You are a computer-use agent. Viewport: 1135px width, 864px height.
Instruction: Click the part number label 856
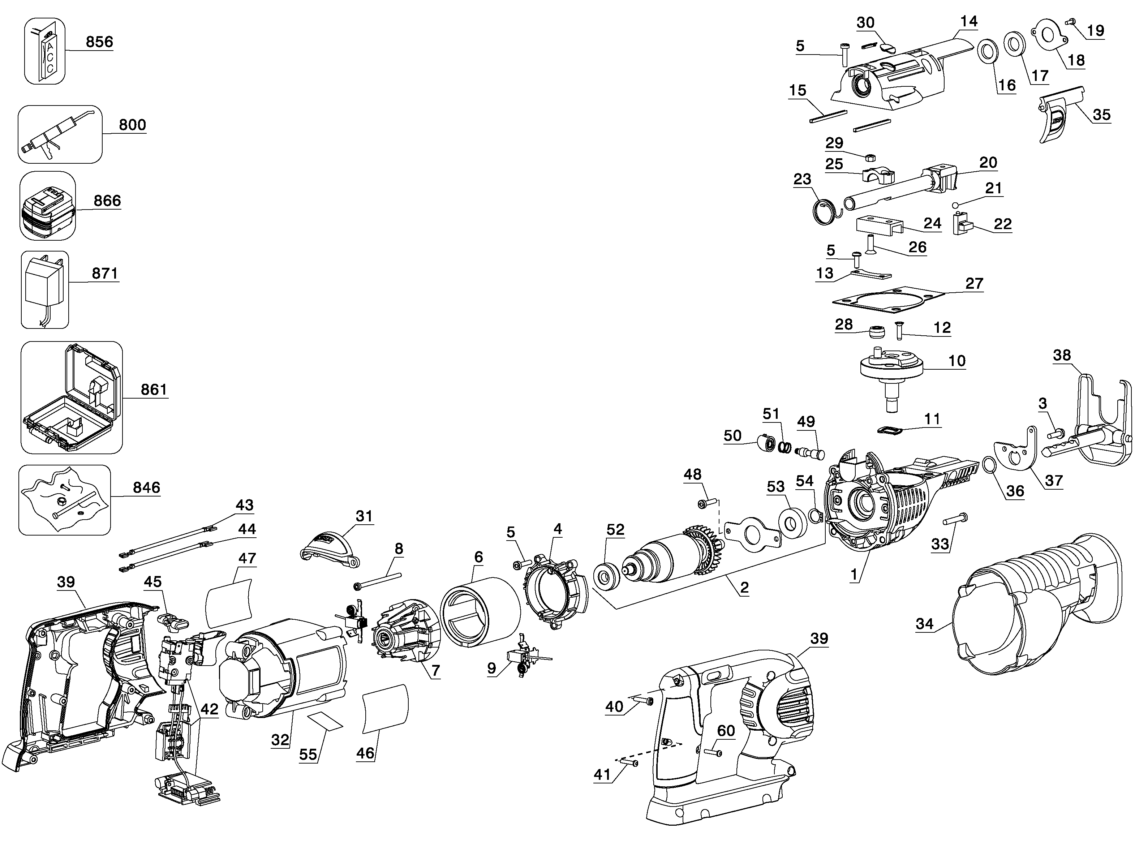[99, 42]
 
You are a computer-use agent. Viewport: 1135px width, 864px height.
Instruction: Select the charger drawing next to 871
[45, 289]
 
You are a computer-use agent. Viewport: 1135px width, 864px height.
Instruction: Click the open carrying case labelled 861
[70, 397]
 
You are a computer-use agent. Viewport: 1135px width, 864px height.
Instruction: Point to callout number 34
[924, 624]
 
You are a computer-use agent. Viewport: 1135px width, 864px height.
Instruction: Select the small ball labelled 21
[955, 205]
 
